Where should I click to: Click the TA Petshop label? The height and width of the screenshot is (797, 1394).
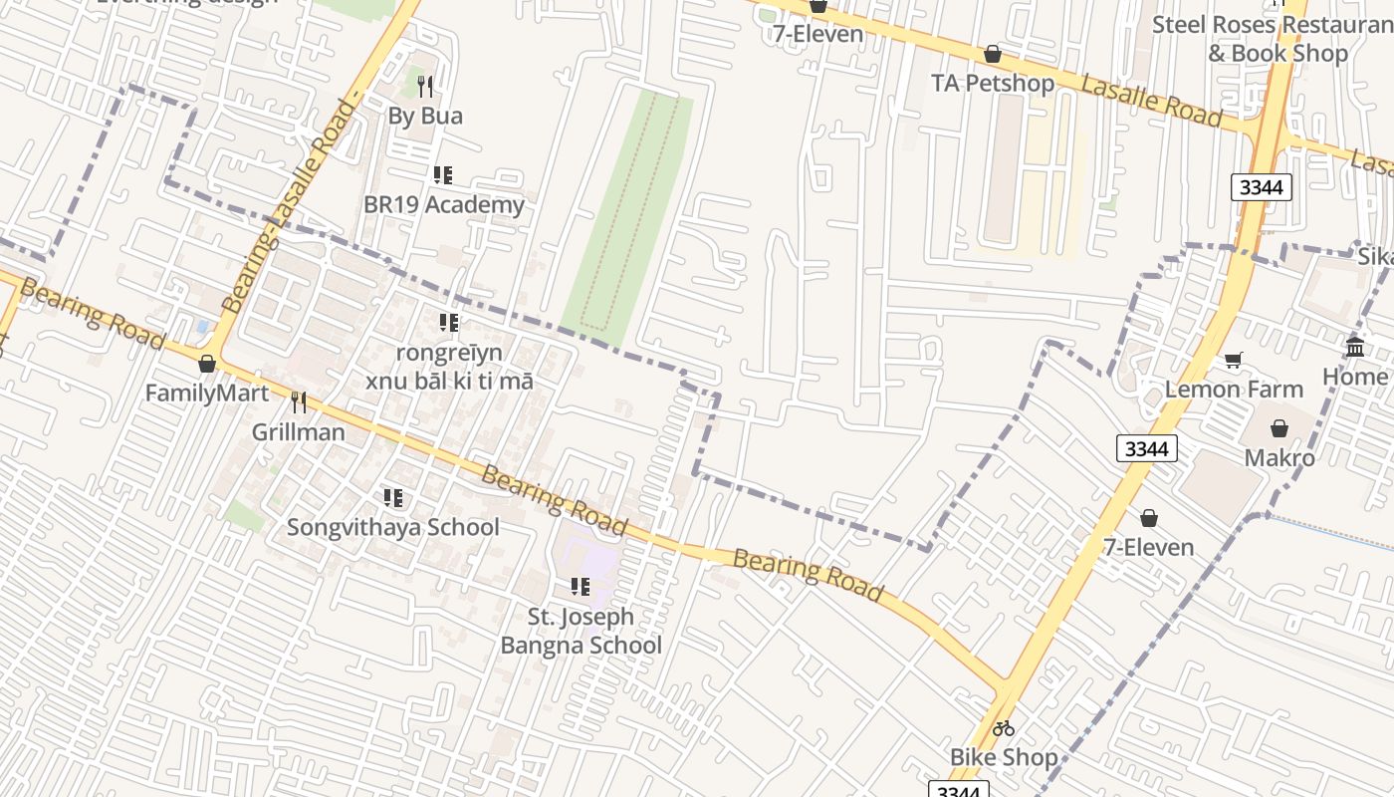click(x=992, y=83)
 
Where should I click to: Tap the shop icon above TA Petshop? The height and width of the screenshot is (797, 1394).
click(x=992, y=54)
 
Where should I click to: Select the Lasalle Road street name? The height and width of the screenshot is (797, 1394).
click(x=1151, y=101)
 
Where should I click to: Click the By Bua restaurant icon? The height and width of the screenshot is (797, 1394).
click(x=425, y=87)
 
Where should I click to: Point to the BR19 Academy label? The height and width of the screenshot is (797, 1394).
click(x=443, y=205)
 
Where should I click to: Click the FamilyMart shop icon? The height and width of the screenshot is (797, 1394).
click(x=207, y=364)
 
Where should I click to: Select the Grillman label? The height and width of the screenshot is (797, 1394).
click(x=298, y=432)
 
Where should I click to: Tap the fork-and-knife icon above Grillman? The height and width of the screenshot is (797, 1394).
click(x=298, y=402)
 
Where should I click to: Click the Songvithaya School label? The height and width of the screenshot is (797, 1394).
click(x=393, y=527)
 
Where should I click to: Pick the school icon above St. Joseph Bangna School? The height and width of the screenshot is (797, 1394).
click(x=580, y=587)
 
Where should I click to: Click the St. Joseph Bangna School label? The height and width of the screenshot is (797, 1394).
click(x=581, y=631)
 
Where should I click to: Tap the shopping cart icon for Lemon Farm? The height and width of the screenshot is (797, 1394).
click(x=1234, y=360)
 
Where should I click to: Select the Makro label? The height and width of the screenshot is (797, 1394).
click(x=1279, y=458)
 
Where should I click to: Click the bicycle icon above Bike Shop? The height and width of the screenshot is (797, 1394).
click(x=1003, y=728)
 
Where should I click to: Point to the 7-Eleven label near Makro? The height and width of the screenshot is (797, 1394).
click(x=1148, y=547)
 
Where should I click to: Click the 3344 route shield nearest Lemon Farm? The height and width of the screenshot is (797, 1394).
click(x=1146, y=448)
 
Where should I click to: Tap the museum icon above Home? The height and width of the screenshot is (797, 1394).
click(x=1355, y=347)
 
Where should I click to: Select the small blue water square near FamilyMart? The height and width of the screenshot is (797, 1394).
click(x=203, y=326)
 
